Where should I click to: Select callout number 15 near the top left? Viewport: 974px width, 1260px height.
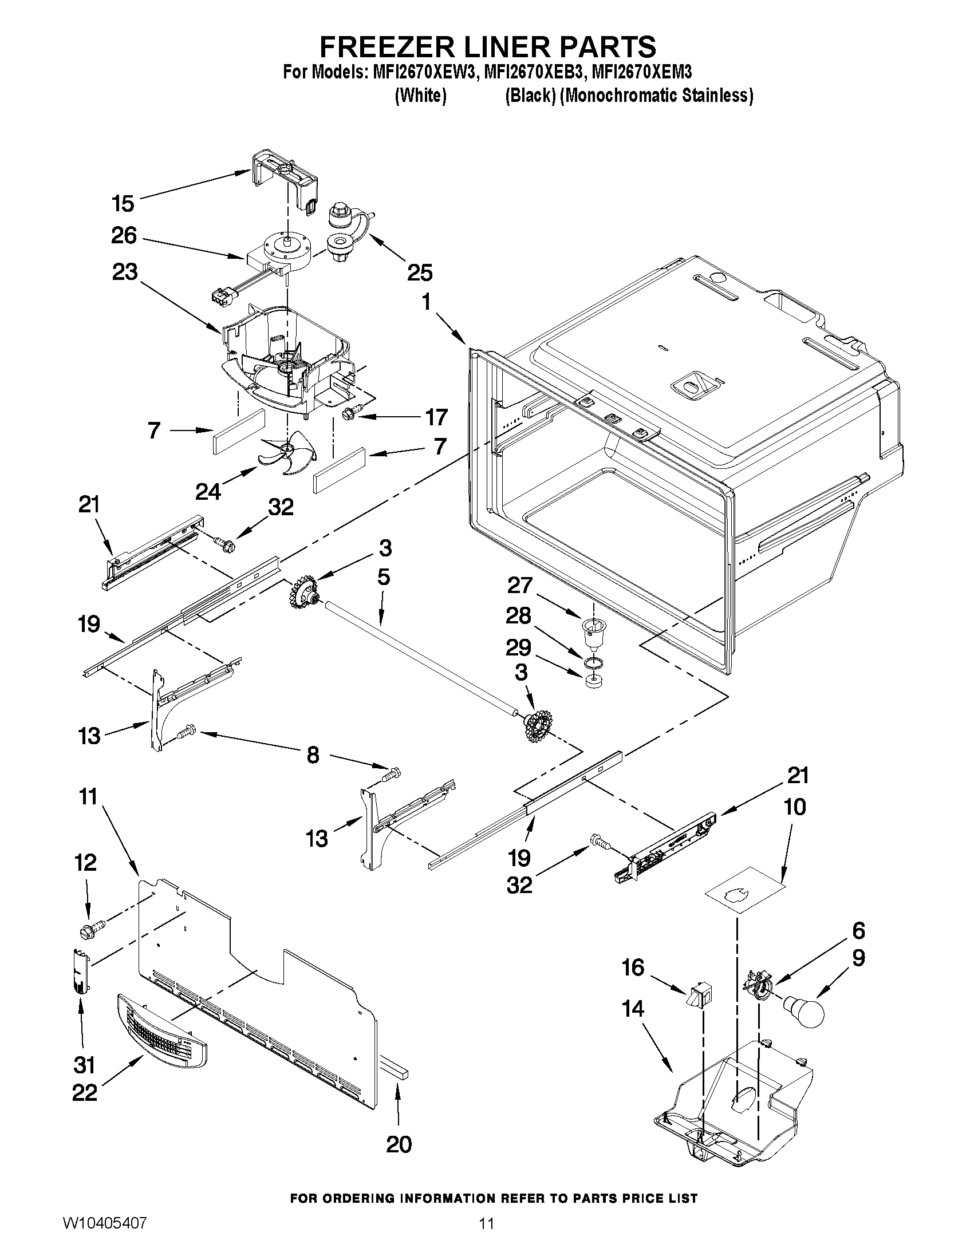tap(123, 204)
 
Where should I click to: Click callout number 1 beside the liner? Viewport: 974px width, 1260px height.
tap(427, 301)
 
